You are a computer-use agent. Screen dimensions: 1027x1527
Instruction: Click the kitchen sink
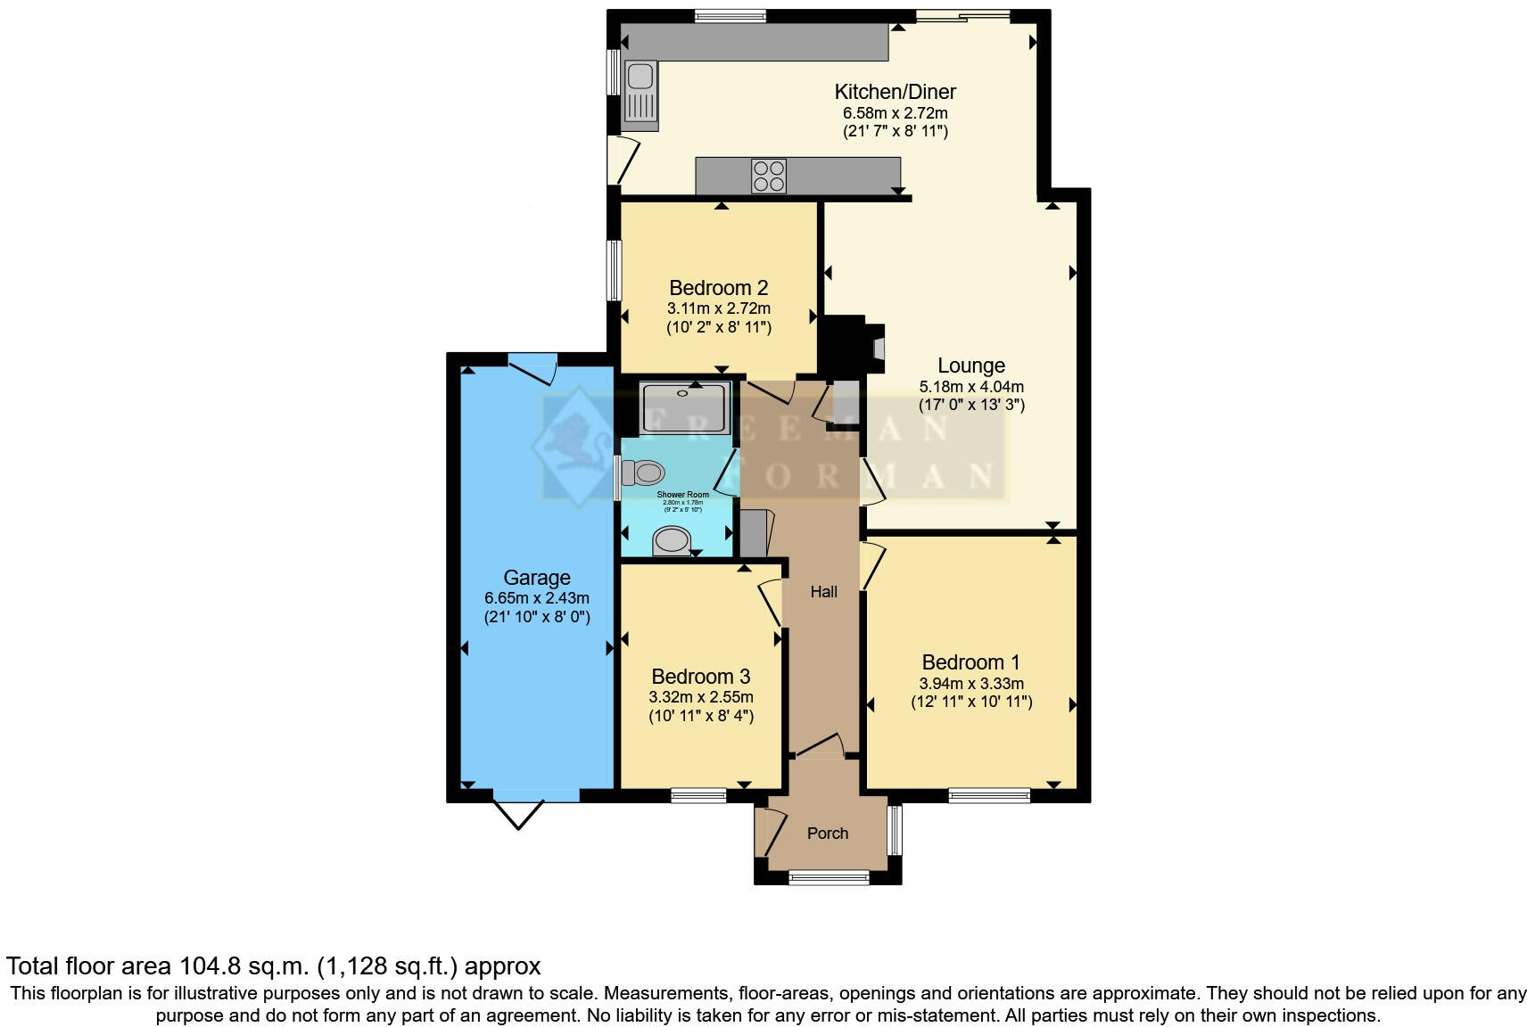640,93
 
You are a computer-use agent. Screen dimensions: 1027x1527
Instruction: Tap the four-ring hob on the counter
768,176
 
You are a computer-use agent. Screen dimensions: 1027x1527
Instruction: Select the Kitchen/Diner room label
895,92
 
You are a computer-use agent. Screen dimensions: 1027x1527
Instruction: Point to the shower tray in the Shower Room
685,408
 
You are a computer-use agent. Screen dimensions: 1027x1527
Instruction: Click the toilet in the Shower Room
644,472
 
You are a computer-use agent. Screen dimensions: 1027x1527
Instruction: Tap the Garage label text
536,578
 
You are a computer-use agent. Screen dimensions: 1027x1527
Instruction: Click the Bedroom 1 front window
988,795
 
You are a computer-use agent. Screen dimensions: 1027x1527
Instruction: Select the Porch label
827,834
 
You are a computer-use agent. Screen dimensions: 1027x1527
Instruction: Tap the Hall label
823,592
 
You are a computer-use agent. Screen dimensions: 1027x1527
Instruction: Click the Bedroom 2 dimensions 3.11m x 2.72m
718,308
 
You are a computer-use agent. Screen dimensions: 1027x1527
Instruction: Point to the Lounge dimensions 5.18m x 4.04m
970,387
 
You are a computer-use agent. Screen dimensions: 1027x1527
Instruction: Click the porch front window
829,878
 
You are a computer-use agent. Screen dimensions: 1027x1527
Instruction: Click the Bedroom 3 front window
698,795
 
